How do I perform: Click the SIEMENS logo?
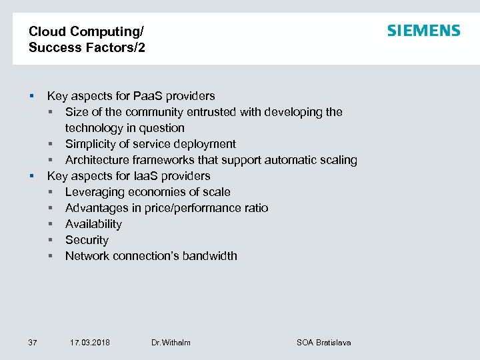tap(423, 31)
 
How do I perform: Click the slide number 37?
tap(33, 343)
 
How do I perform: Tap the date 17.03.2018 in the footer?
tap(90, 343)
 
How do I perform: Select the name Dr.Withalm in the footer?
tap(171, 343)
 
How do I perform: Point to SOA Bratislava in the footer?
tap(323, 343)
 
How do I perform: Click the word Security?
tap(87, 240)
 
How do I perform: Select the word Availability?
tap(93, 224)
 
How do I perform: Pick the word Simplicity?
tap(90, 144)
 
